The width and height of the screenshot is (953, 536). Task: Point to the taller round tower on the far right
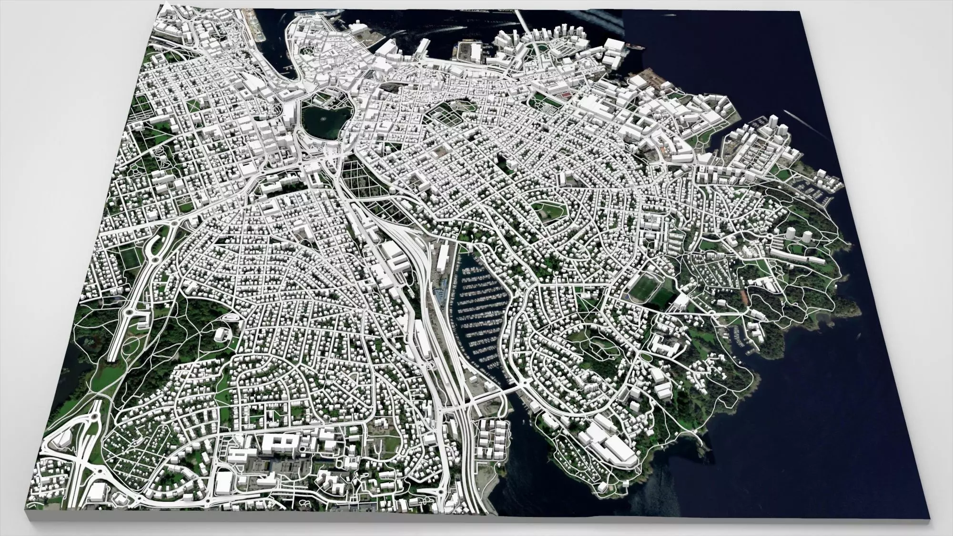[808, 236]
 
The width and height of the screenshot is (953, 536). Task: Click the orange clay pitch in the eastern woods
[745, 298]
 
